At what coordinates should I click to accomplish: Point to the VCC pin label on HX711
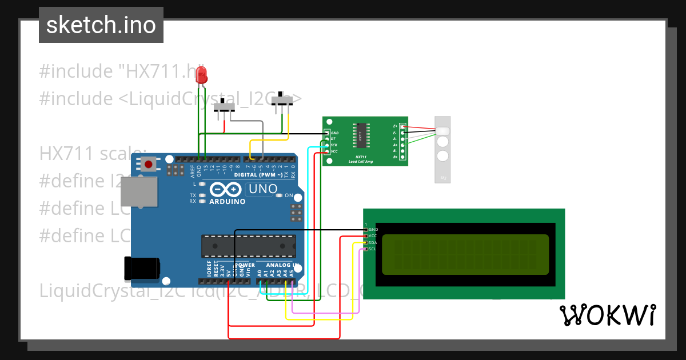(334, 151)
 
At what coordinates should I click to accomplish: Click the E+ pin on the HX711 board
(402, 126)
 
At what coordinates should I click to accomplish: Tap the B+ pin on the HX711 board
(402, 157)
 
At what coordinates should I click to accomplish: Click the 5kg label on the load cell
(444, 178)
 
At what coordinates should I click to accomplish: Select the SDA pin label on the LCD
(372, 242)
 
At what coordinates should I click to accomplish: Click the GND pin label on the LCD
(373, 229)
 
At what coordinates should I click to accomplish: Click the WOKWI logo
(607, 315)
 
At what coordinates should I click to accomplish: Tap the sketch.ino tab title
(101, 25)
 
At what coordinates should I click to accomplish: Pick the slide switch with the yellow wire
(282, 101)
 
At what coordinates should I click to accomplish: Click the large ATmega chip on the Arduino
(248, 246)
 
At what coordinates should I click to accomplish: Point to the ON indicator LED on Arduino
(280, 195)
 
